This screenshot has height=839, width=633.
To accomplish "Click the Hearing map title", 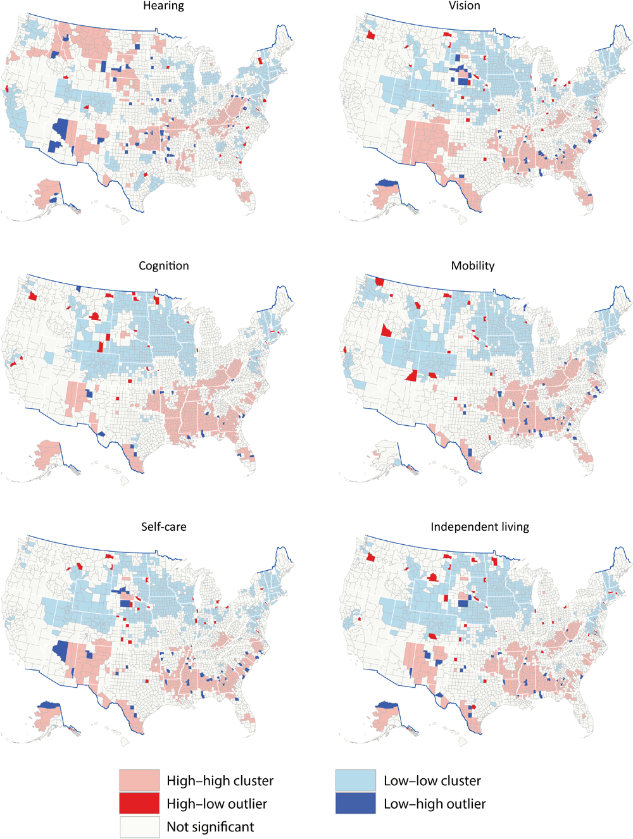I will pos(163,6).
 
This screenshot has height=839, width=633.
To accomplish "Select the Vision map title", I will pos(465,6).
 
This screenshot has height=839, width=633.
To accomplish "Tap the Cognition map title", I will pos(163,266).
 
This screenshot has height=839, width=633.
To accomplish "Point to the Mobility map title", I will pos(472,266).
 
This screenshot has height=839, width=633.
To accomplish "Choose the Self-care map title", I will pos(163,526).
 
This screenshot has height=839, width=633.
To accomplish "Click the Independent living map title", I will pos(479,526).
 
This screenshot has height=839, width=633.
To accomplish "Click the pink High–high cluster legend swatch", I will pos(139,780).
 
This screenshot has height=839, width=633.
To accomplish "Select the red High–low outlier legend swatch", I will pos(139,804).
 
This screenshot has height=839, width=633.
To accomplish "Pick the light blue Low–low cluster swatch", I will pos(355,780).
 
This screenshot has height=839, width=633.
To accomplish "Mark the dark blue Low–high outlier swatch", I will pos(355,804).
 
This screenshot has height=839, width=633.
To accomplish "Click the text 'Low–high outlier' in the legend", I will pos(434,804).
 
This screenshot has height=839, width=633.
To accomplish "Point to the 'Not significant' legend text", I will pos(210,827).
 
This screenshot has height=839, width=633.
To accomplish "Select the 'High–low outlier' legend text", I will pos(216,804).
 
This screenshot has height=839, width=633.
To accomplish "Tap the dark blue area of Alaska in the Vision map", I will pos(387,183).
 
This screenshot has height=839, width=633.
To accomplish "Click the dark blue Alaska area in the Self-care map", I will pos(48,704).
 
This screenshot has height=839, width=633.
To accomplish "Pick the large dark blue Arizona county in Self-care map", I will pos(61,649).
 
